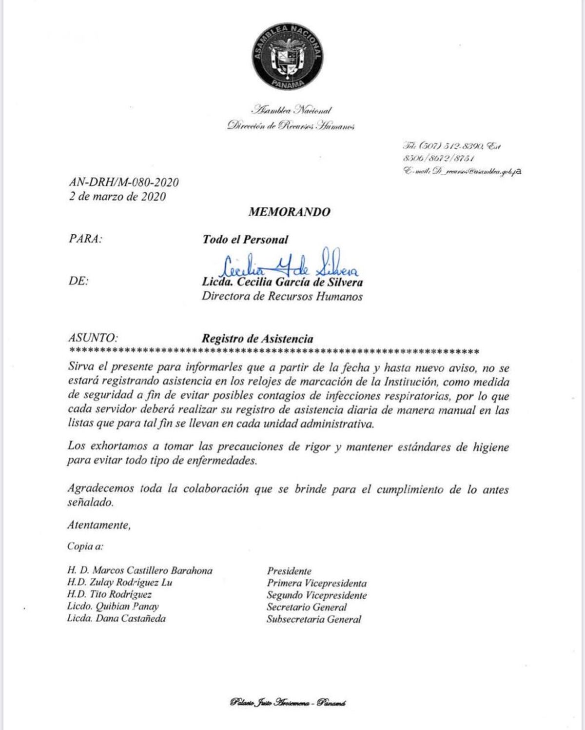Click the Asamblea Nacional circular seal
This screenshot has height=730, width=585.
288,56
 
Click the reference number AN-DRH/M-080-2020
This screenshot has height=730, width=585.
124,182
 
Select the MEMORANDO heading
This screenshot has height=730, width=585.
289,212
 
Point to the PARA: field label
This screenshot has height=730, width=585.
86,240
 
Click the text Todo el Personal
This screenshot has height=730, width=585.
245,240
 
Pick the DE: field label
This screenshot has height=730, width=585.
78,282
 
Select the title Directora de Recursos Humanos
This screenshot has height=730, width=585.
282,297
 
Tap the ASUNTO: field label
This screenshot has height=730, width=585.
93,338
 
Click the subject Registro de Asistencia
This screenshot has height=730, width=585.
258,339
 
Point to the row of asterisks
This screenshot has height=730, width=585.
274,351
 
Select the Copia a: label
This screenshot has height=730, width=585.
86,547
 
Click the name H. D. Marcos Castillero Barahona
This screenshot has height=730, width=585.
140,570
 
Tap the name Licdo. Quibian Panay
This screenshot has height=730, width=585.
113,607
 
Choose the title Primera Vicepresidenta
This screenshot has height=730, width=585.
316,583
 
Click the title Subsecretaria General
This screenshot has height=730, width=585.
314,620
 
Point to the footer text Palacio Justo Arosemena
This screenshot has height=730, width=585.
288,703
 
